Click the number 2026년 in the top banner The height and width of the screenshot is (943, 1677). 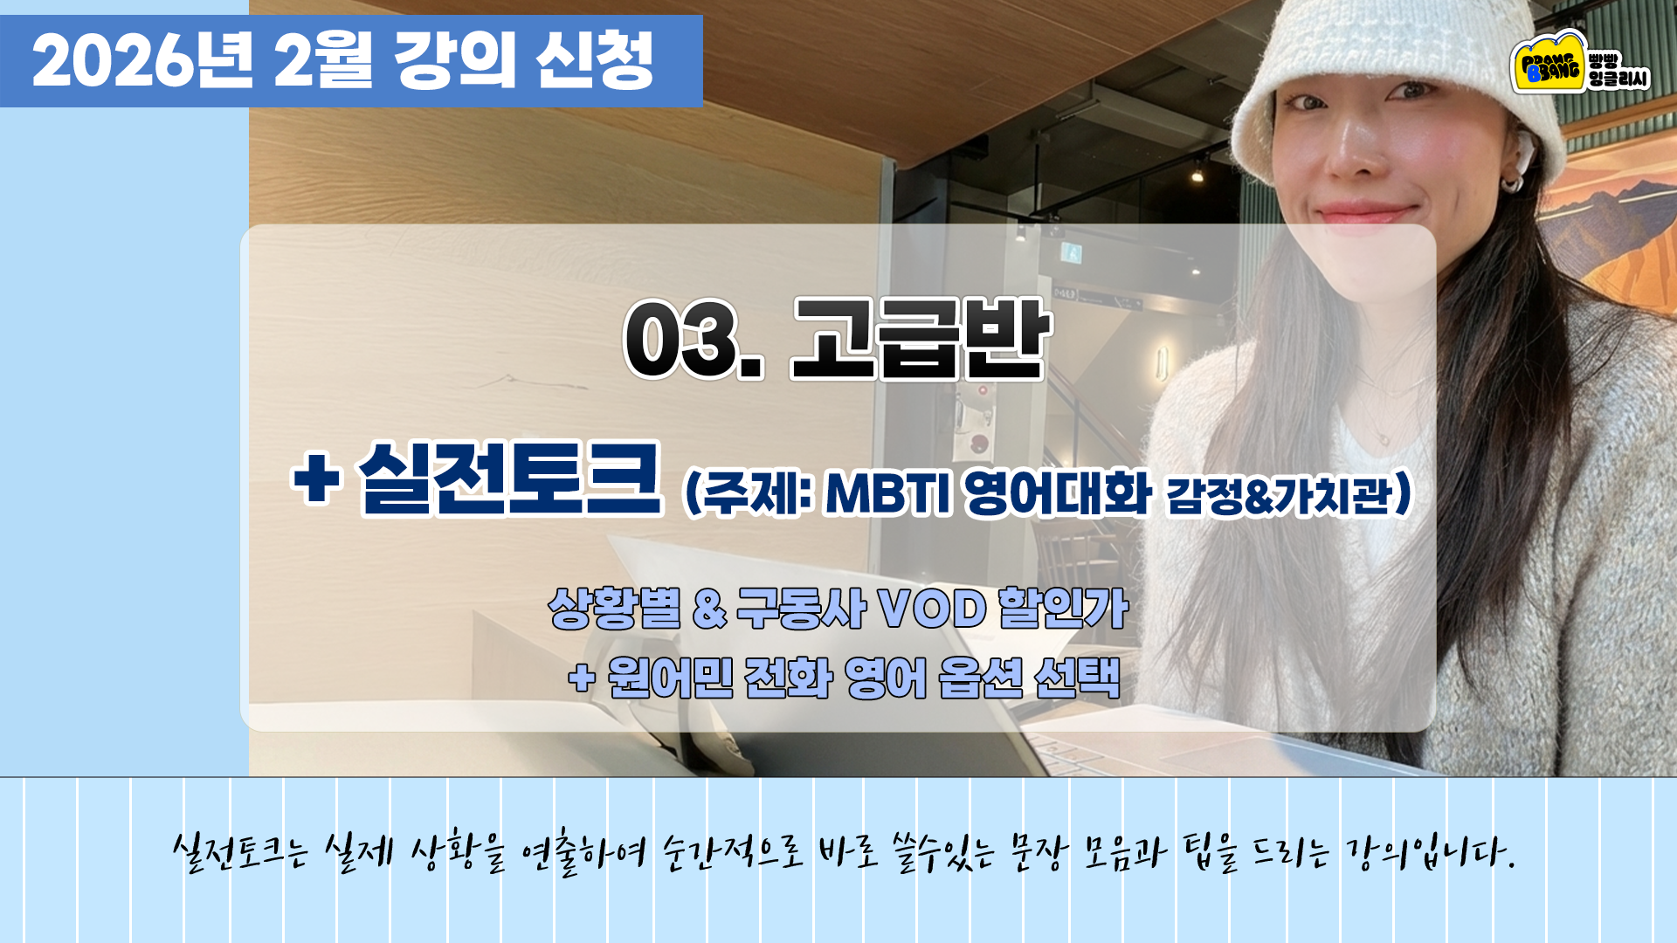coord(142,61)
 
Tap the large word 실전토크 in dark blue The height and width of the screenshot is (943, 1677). coord(509,479)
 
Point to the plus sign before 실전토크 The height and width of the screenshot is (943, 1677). coord(316,479)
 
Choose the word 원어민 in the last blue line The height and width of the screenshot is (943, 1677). coord(670,678)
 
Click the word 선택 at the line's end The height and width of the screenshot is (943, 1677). coord(1077,678)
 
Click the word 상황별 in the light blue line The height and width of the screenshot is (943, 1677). coord(615,609)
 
